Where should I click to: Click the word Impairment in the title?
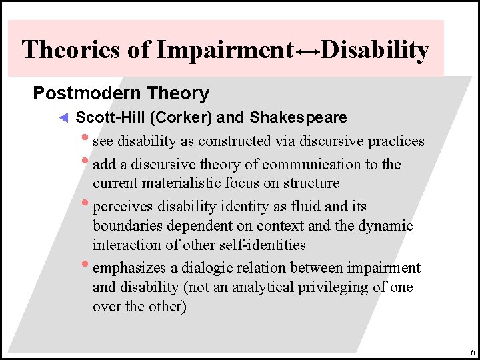[x=224, y=50]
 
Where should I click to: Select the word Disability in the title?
[x=375, y=50]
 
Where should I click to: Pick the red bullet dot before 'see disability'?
[x=86, y=139]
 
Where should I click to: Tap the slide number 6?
[x=472, y=352]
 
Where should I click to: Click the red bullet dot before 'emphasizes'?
[x=86, y=265]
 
